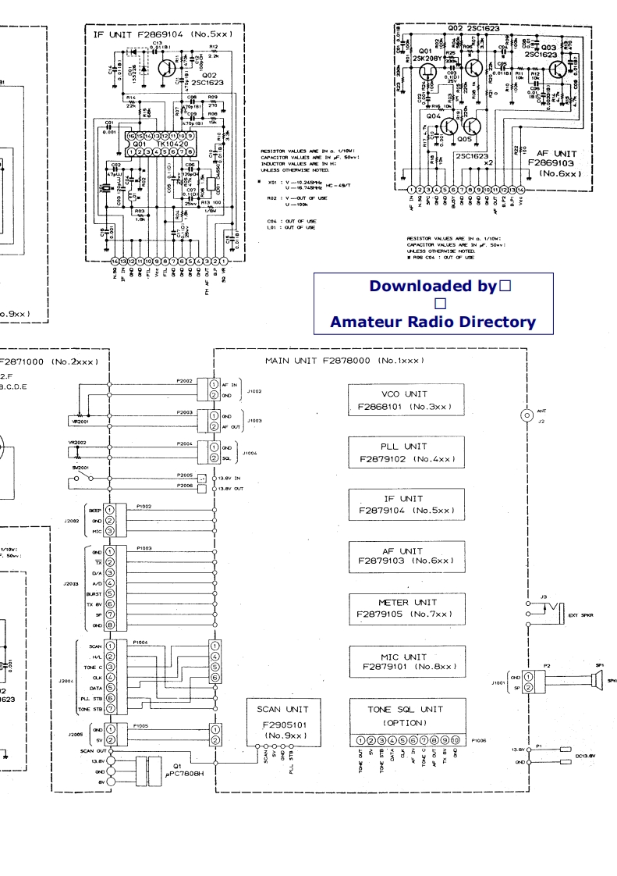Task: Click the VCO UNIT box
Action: click(x=406, y=400)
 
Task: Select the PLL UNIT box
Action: click(x=406, y=453)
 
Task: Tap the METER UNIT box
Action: click(x=406, y=608)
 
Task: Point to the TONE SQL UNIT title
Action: click(x=405, y=709)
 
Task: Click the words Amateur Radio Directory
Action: click(x=433, y=322)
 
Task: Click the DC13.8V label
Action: click(x=585, y=756)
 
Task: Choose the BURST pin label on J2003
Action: click(x=94, y=593)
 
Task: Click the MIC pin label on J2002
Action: click(x=98, y=531)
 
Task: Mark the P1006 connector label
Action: click(x=480, y=738)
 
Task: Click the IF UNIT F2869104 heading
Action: click(x=162, y=34)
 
